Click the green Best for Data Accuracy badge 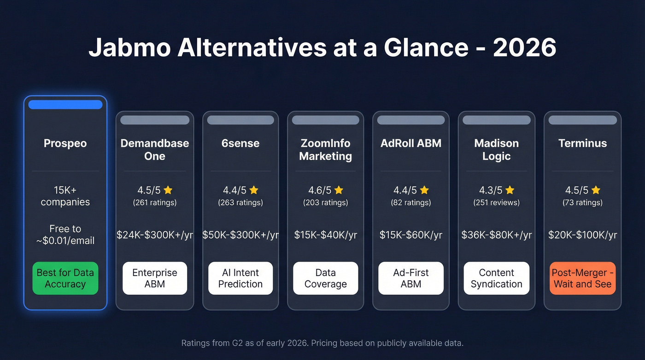[x=65, y=278]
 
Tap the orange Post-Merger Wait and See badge [x=582, y=278]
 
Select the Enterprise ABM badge [x=155, y=278]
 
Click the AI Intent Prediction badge [x=240, y=278]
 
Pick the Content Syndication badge [x=496, y=278]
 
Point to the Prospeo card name [x=65, y=143]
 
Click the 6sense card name [x=240, y=143]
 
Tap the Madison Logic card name [x=496, y=149]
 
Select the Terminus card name [x=582, y=143]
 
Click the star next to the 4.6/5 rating [x=339, y=190]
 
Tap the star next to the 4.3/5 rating [x=510, y=190]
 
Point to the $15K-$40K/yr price [x=325, y=235]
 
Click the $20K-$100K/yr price [x=582, y=235]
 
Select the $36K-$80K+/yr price [x=496, y=235]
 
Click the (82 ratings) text [x=411, y=202]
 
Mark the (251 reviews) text [x=496, y=202]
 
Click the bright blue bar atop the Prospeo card [x=65, y=105]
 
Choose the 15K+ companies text [x=65, y=196]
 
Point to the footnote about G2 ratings [x=322, y=343]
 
